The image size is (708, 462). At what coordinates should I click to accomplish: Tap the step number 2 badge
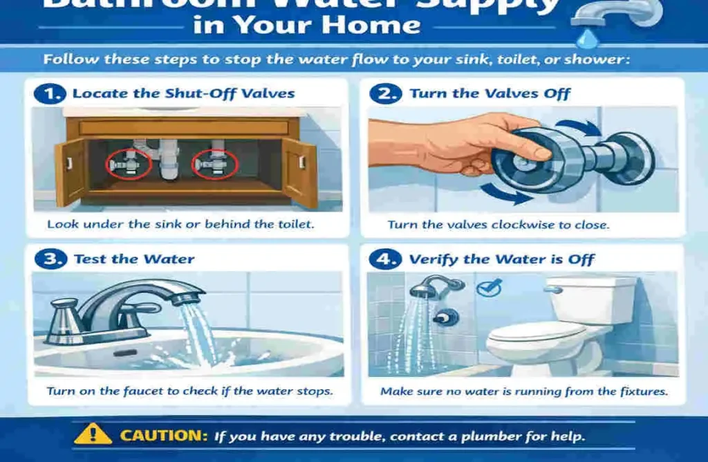click(x=385, y=94)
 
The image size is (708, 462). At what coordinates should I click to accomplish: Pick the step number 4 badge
click(x=385, y=259)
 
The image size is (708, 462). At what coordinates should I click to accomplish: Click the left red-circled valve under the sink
click(x=129, y=164)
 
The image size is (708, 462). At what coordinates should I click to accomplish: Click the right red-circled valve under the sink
click(x=216, y=164)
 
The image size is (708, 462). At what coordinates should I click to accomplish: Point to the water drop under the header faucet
click(x=588, y=35)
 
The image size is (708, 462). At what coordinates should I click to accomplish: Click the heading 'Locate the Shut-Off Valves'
click(x=183, y=94)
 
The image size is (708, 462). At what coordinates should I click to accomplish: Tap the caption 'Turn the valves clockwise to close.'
click(x=498, y=225)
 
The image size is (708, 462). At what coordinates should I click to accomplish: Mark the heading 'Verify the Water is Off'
click(x=501, y=260)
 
